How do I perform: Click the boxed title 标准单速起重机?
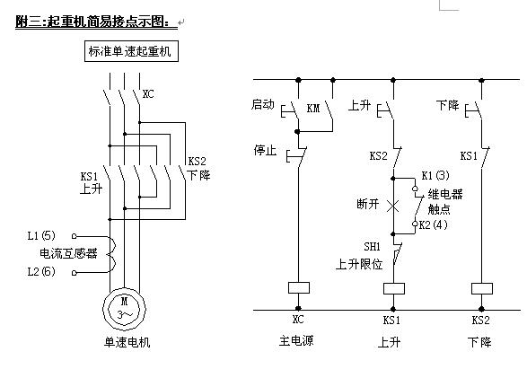(x=131, y=51)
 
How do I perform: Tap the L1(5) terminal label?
(x=41, y=235)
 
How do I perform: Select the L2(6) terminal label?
(x=41, y=271)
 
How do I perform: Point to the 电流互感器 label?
(x=68, y=253)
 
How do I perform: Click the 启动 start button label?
(x=263, y=104)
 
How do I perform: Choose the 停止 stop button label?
(x=265, y=150)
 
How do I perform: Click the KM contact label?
(x=313, y=108)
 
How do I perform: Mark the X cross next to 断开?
(x=393, y=206)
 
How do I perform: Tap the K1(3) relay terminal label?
(x=435, y=175)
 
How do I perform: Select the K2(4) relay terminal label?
(x=434, y=224)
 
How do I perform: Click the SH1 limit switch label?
(x=372, y=247)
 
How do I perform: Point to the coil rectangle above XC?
(x=299, y=287)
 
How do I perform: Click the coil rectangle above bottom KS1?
(x=394, y=288)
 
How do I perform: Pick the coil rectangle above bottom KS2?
(x=482, y=288)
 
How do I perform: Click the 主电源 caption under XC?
(x=296, y=340)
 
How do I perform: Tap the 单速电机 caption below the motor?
(x=127, y=342)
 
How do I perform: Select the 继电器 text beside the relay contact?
(x=445, y=194)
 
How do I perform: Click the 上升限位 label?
(x=359, y=264)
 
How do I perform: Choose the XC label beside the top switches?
(x=148, y=94)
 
